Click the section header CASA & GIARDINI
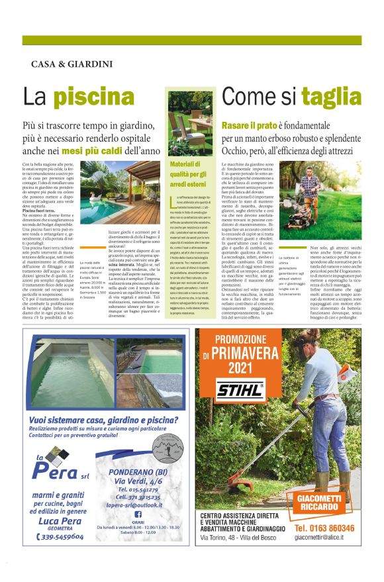pyautogui.click(x=72, y=64)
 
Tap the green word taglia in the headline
pyautogui.click(x=331, y=97)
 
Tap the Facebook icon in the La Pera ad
pyautogui.click(x=138, y=513)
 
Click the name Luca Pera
pyautogui.click(x=56, y=520)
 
